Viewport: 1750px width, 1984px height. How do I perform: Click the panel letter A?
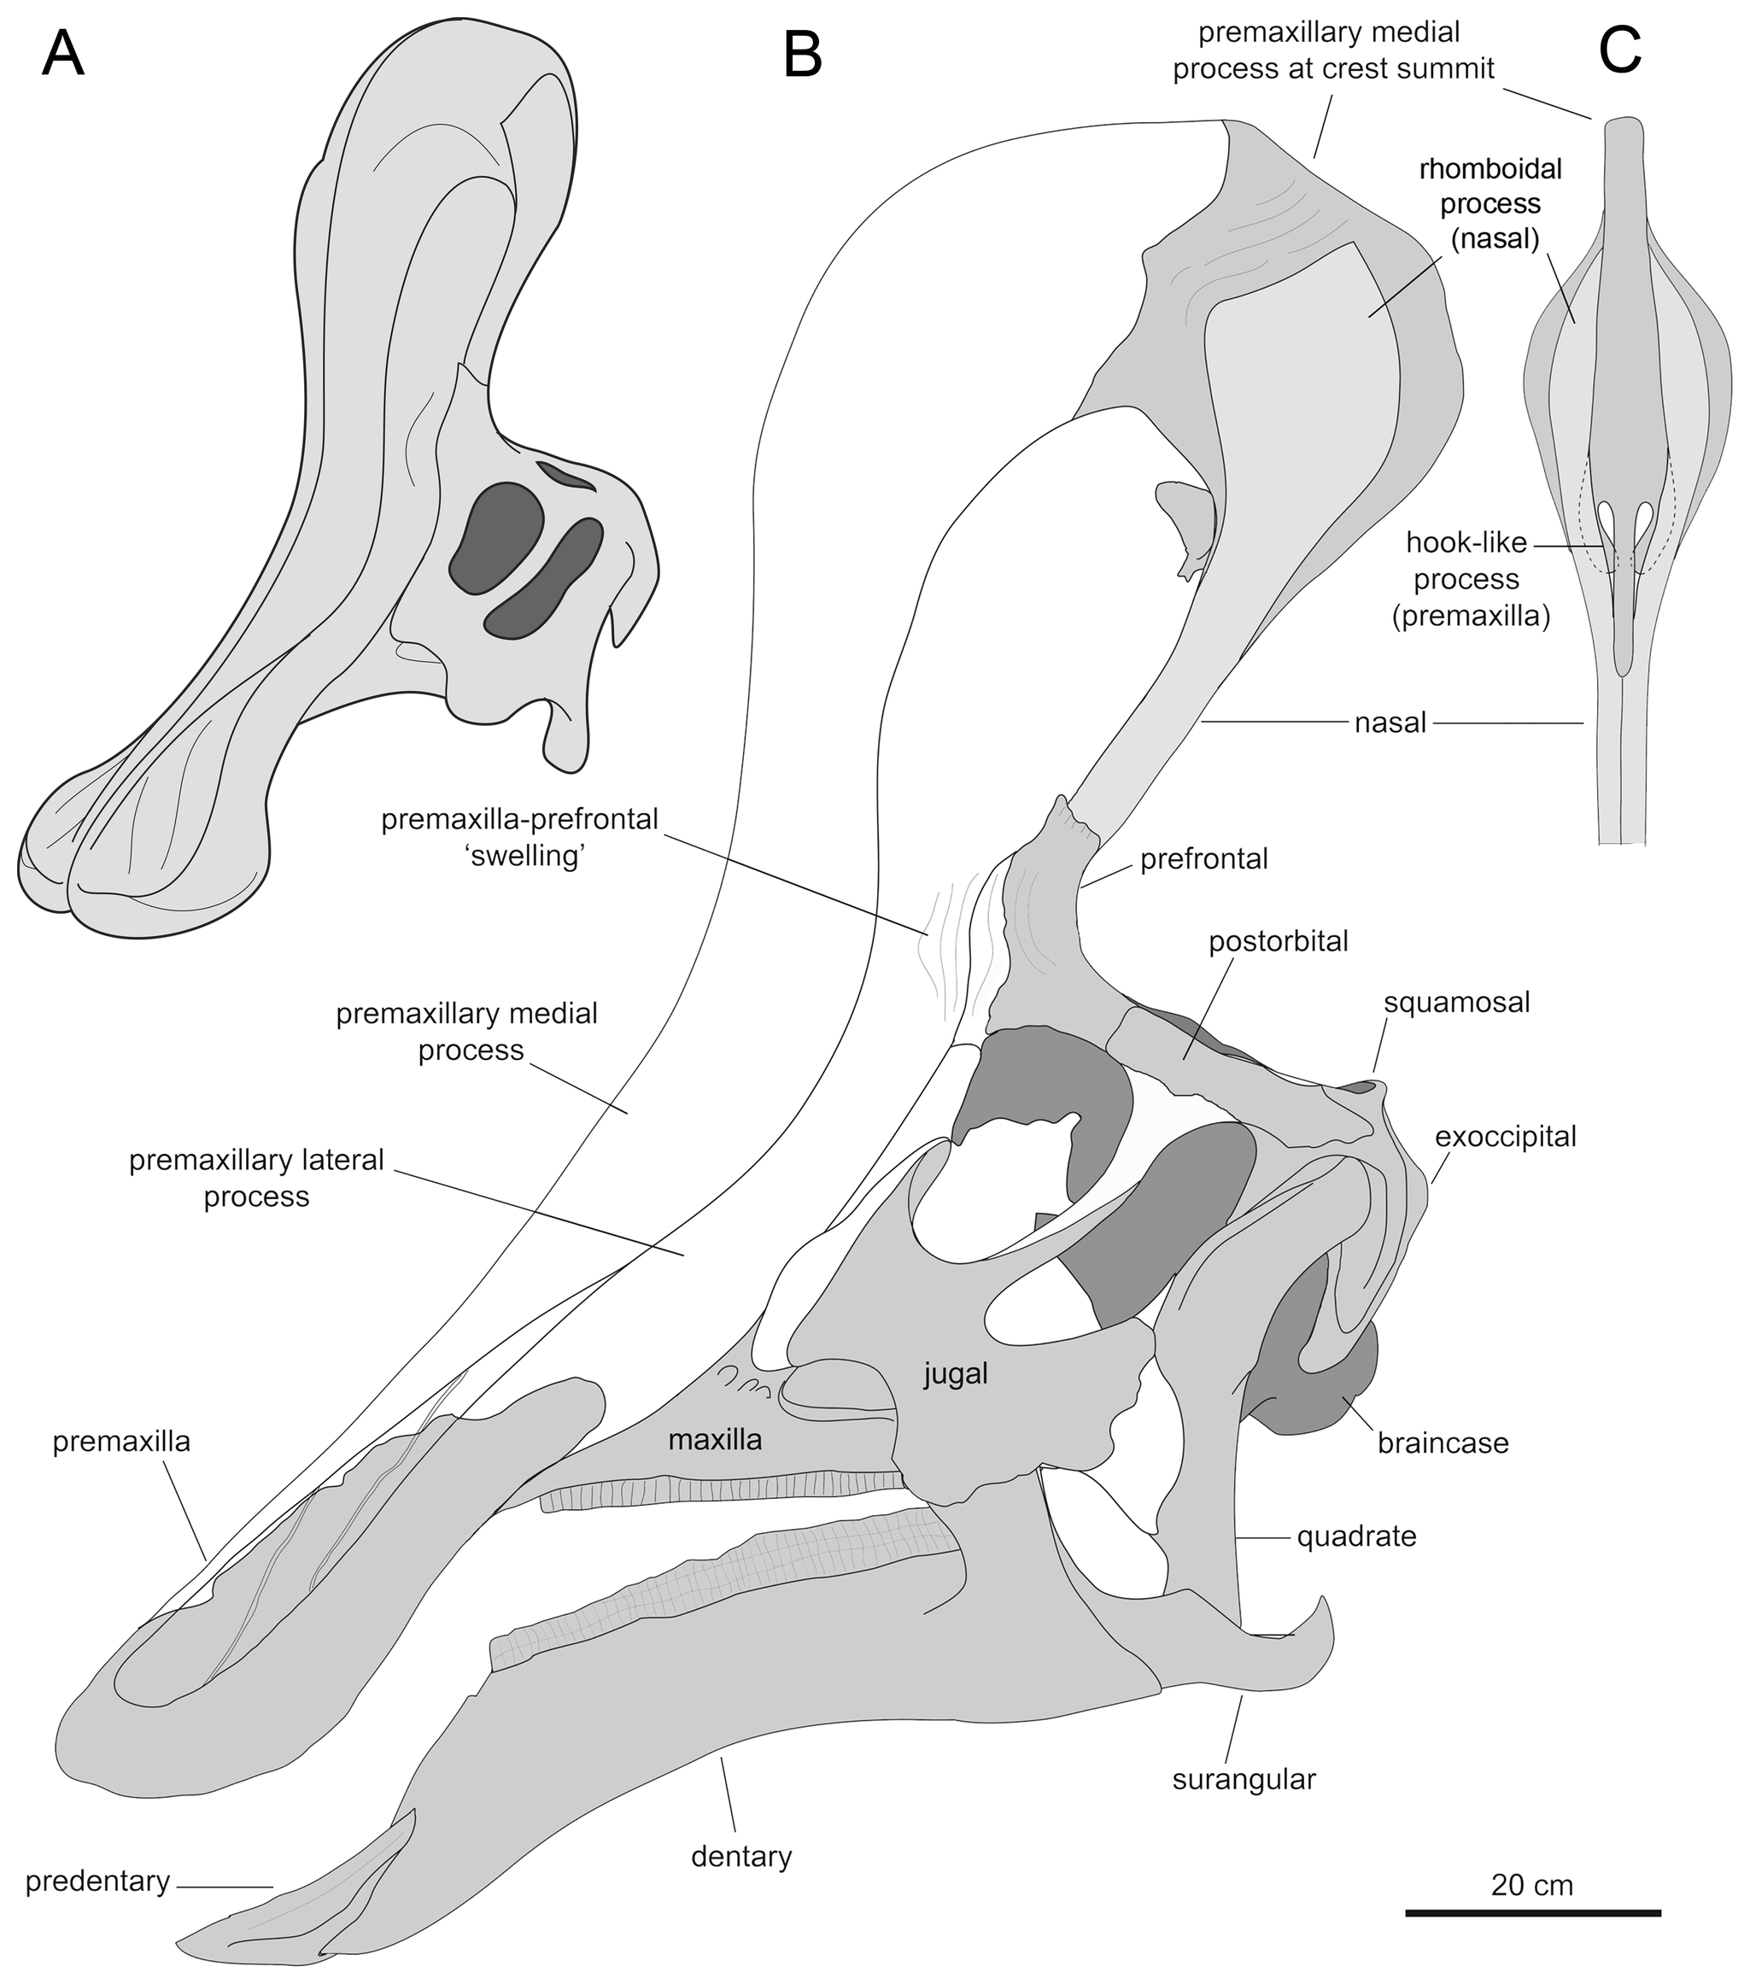[x=63, y=55]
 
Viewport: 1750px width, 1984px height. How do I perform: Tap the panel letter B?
[x=803, y=55]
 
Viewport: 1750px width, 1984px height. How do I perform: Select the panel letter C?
[x=1620, y=50]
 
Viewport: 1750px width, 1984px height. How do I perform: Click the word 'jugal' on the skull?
[x=956, y=1373]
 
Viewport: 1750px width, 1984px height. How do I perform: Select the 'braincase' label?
[x=1443, y=1443]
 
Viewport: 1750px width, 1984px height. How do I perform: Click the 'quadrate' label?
[x=1357, y=1536]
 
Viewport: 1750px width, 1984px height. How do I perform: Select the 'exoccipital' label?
[x=1506, y=1136]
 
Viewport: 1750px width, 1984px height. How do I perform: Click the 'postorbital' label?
[x=1279, y=940]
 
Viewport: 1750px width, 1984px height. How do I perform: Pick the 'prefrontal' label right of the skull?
[x=1203, y=859]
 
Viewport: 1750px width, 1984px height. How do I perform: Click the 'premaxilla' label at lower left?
[x=121, y=1443]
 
